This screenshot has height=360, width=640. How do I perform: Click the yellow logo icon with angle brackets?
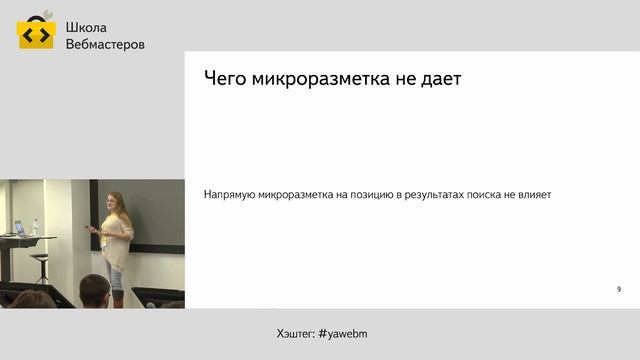pos(35,34)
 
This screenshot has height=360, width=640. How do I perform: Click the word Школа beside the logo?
pos(85,27)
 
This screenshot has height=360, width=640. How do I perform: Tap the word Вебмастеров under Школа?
pos(104,45)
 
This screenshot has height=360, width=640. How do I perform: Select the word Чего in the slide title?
pos(225,79)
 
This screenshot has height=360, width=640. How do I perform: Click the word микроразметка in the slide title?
pos(323,79)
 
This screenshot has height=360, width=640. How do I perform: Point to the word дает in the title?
pos(440,79)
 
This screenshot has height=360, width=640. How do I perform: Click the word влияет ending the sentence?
pos(536,195)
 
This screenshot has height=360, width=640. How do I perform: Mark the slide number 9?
pos(619,289)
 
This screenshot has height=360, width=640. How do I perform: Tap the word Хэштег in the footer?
pos(294,332)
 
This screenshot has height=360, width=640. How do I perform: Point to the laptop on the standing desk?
pos(19,228)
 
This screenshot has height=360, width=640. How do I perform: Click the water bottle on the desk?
pos(35,229)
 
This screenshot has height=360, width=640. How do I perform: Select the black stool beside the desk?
pos(40,265)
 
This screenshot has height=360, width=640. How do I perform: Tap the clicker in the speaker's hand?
pos(93,229)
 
